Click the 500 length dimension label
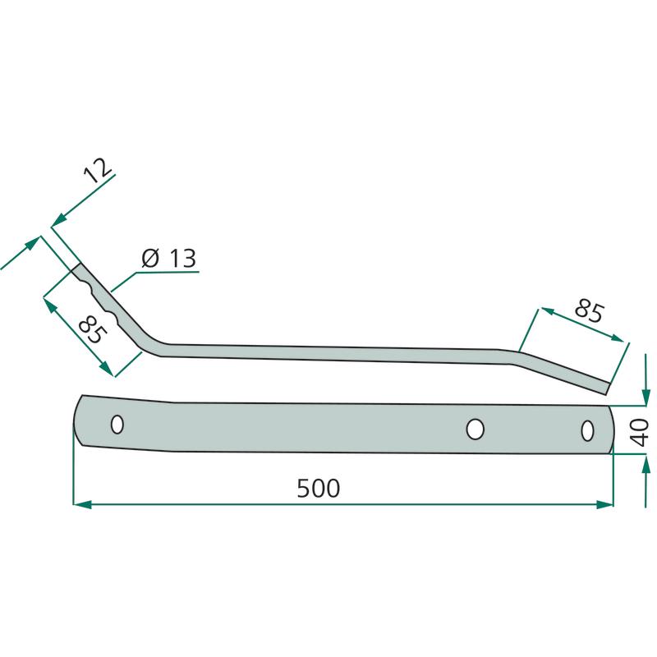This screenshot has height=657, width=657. click(318, 488)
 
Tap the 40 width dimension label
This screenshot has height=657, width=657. click(640, 433)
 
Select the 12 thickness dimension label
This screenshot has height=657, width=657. click(98, 171)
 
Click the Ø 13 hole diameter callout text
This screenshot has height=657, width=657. click(168, 258)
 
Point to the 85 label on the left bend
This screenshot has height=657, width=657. click(93, 330)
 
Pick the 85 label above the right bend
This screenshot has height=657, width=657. click(589, 311)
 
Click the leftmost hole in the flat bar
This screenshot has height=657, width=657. click(117, 425)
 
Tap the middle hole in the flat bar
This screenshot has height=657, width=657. click(475, 429)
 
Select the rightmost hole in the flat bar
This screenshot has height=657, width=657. click(587, 430)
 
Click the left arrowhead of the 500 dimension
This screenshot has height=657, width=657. click(82, 504)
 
